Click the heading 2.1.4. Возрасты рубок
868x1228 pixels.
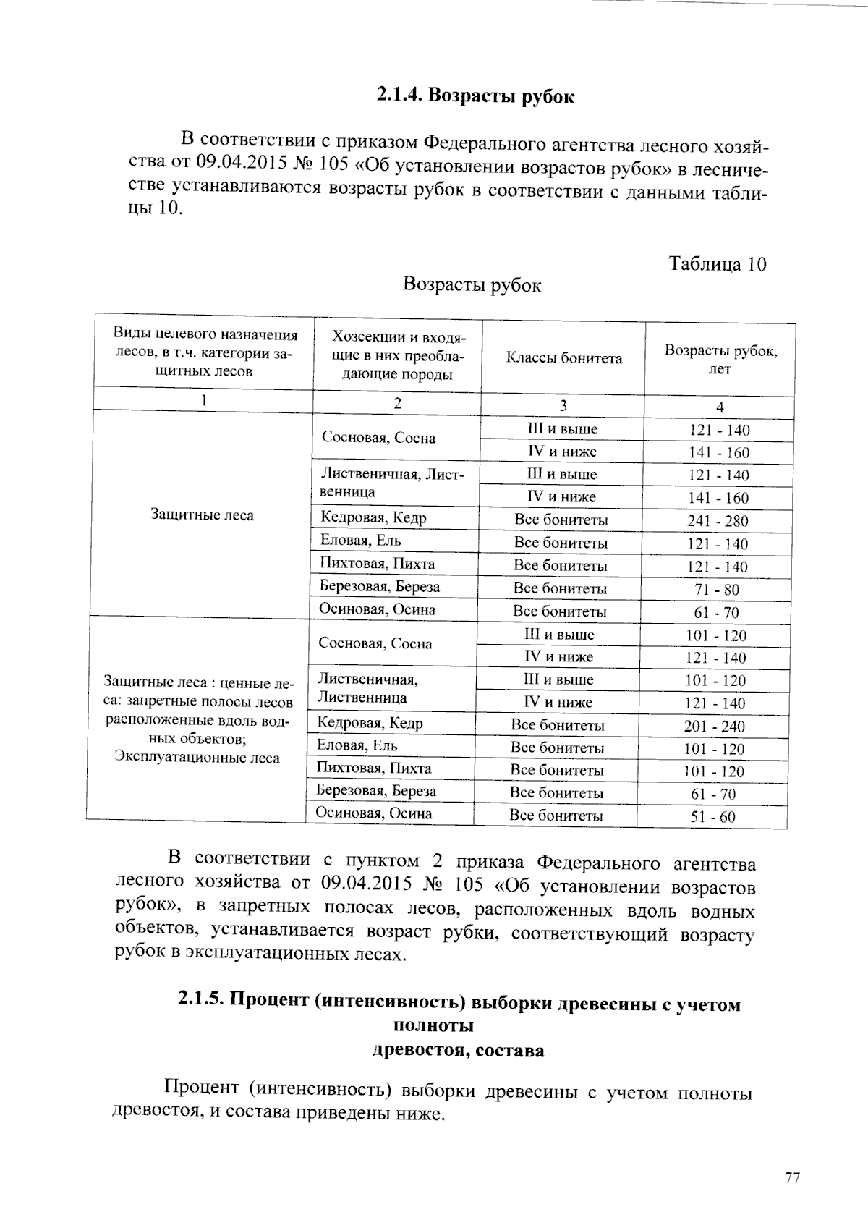click(x=475, y=96)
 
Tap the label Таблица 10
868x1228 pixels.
click(x=717, y=263)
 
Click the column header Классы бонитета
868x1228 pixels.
click(x=563, y=358)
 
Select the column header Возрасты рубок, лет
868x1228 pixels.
click(x=720, y=360)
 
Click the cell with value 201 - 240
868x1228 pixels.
click(x=714, y=727)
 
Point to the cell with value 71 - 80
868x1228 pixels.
click(x=717, y=590)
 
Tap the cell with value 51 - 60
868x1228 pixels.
click(x=713, y=817)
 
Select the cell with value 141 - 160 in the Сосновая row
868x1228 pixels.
click(x=719, y=453)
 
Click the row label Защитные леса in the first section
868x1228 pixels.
click(x=202, y=515)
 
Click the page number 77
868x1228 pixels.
click(x=792, y=1179)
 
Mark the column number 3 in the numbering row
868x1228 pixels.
click(x=563, y=405)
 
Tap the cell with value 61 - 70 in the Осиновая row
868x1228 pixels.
click(x=716, y=613)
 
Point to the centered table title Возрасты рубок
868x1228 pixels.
click(x=472, y=285)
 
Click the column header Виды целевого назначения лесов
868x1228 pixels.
click(x=205, y=352)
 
